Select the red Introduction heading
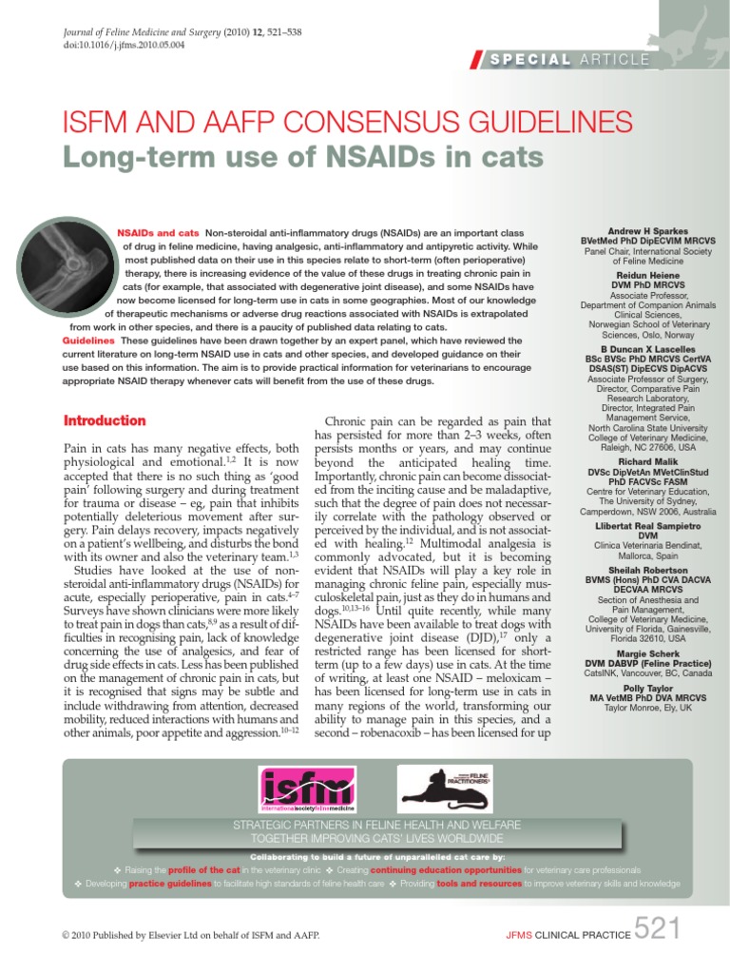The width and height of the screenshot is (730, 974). (104, 420)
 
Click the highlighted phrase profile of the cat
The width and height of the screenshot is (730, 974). (202, 869)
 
